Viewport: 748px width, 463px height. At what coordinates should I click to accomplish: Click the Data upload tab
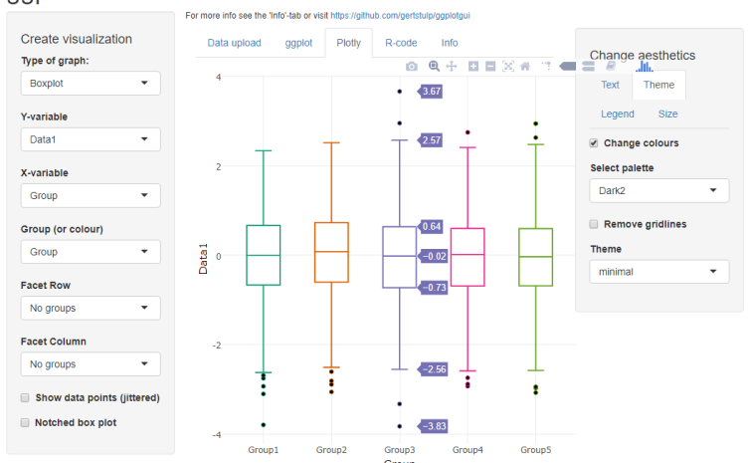coord(234,43)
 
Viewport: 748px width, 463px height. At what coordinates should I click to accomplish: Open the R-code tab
coord(401,43)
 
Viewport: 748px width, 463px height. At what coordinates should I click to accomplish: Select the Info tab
coord(450,43)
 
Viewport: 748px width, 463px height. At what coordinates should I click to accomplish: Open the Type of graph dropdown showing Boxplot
coord(90,84)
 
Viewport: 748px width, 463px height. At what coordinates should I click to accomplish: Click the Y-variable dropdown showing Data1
coord(90,140)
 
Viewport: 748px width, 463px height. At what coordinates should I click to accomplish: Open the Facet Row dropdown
coord(90,308)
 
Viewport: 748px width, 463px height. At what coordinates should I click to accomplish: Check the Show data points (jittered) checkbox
coord(25,397)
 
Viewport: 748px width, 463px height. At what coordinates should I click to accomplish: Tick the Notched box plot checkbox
coord(25,422)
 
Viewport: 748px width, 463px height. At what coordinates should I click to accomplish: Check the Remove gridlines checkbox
coord(594,224)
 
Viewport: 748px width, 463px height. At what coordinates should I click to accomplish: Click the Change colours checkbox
coord(594,143)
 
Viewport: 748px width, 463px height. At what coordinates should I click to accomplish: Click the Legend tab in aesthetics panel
coord(617,115)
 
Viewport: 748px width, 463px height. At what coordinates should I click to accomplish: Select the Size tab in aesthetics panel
coord(667,115)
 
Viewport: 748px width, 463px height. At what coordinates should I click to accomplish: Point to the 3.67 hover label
coord(431,92)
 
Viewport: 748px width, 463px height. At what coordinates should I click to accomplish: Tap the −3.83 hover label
coord(433,426)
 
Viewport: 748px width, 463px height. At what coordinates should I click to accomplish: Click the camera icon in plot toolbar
coord(412,66)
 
